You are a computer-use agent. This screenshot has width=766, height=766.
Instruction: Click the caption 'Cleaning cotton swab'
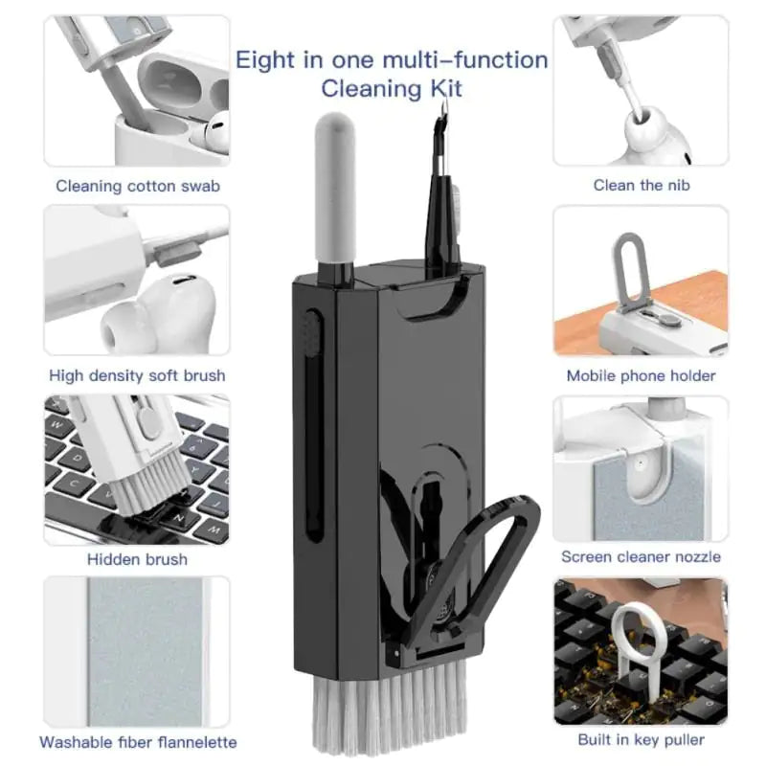(x=138, y=186)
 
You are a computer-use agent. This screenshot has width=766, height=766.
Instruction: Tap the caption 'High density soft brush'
(x=138, y=375)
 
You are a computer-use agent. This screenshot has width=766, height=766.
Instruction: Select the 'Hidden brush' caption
(x=137, y=559)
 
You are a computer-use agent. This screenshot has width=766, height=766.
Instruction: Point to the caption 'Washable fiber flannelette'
(x=138, y=742)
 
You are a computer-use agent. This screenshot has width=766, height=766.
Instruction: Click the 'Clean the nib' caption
(x=641, y=185)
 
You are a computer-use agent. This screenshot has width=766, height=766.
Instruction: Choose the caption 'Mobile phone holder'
(x=641, y=375)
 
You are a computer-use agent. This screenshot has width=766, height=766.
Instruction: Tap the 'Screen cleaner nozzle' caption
(x=641, y=556)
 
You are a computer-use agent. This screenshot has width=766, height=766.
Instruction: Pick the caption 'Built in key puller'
(x=641, y=740)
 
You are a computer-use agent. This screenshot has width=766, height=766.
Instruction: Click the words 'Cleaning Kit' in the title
(x=392, y=89)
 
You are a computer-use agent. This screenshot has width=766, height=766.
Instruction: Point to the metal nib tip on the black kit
(x=441, y=124)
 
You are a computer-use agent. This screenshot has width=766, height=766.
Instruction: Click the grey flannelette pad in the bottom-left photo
(x=144, y=651)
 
